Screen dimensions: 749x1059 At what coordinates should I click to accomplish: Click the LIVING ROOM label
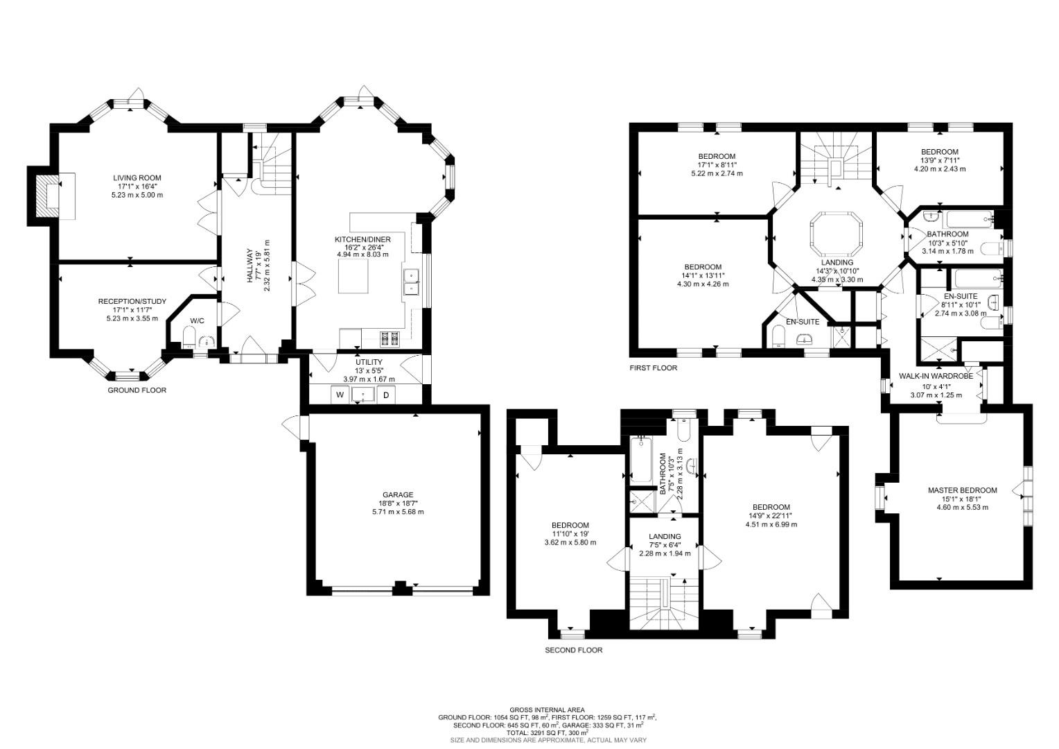click(137, 178)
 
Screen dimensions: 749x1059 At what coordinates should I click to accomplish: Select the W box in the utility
click(340, 395)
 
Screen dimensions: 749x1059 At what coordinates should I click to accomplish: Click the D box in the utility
click(387, 395)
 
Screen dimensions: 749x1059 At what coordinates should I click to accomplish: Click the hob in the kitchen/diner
click(390, 339)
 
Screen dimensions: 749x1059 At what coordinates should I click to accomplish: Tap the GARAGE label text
click(396, 494)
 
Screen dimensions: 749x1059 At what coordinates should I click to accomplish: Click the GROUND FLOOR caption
click(137, 390)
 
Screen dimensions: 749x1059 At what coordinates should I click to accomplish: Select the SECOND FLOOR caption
click(573, 651)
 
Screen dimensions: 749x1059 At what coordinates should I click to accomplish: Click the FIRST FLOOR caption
click(653, 368)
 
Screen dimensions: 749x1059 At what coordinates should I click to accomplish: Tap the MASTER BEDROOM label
click(962, 490)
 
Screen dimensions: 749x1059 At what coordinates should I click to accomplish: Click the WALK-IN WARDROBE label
click(936, 376)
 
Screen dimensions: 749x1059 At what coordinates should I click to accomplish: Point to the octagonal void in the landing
click(837, 233)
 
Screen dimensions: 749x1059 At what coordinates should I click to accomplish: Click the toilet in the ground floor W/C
click(187, 338)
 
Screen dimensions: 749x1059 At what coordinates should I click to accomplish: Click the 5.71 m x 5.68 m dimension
click(397, 512)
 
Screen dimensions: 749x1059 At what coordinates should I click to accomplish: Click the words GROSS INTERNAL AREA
click(547, 709)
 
